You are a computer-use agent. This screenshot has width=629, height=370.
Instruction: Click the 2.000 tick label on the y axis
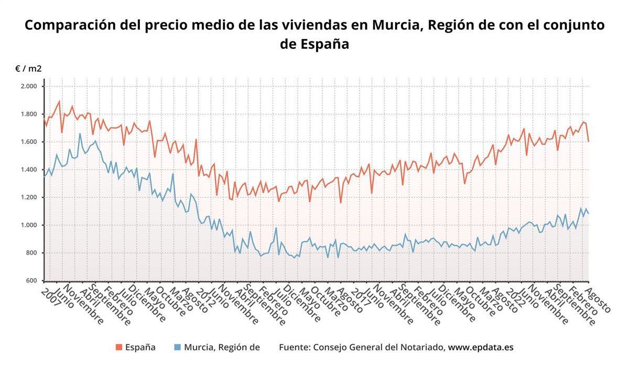[x=28, y=86]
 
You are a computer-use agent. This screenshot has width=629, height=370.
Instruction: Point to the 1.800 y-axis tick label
[x=28, y=114]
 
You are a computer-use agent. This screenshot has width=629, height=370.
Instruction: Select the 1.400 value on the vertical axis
[x=28, y=170]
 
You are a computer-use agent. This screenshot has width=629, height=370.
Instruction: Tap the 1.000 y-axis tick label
[x=28, y=225]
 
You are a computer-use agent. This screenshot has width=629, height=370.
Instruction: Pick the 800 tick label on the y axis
[x=31, y=253]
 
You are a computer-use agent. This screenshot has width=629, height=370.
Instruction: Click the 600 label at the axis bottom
[x=31, y=281]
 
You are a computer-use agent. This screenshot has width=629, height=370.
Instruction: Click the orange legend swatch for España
[x=118, y=347]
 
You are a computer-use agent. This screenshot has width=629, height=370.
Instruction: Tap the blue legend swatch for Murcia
[x=177, y=347]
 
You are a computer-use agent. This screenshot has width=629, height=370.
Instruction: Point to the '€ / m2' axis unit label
[x=29, y=69]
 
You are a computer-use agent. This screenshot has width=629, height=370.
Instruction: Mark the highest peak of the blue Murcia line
[x=80, y=133]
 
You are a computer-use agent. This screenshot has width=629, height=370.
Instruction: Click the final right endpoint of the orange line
[x=588, y=142]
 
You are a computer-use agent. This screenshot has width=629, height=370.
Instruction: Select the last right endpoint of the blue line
[x=588, y=214]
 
